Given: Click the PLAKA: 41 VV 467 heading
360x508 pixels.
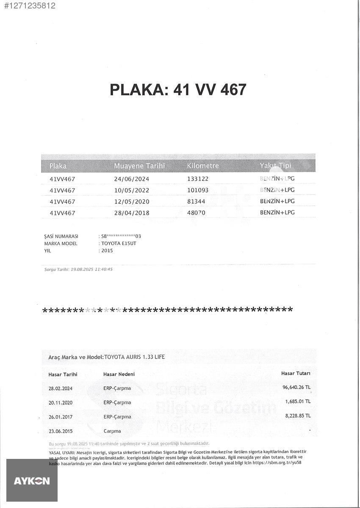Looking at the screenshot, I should coord(178,90).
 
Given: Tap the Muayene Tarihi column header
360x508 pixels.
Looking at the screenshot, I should coord(139,166).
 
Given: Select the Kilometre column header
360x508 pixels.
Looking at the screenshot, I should coord(203,166).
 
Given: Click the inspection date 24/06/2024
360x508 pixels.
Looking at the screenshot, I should coord(132,179).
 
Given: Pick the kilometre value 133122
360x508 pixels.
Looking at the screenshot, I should coord(198,179).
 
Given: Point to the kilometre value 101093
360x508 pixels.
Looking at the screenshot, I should coord(198,190).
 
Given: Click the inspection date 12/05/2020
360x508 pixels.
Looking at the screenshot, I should coord(132,202).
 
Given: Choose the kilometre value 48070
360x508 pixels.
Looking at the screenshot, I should coord(196,213).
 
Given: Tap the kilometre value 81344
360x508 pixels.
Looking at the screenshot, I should coord(196,202).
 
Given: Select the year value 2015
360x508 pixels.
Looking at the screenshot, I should coord(107,251).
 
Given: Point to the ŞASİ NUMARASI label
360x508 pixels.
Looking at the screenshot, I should coord(61,236).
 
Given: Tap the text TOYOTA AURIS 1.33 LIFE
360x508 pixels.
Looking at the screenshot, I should coord(135,357).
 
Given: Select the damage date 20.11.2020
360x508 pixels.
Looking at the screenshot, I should coord(61,403).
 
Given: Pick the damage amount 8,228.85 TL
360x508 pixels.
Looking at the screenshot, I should coord(298,416).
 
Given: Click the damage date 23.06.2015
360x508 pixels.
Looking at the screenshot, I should coord(61,431).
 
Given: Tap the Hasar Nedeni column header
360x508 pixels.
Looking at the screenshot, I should coord(119,374).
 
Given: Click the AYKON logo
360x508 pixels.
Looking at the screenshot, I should coord(32,481).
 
